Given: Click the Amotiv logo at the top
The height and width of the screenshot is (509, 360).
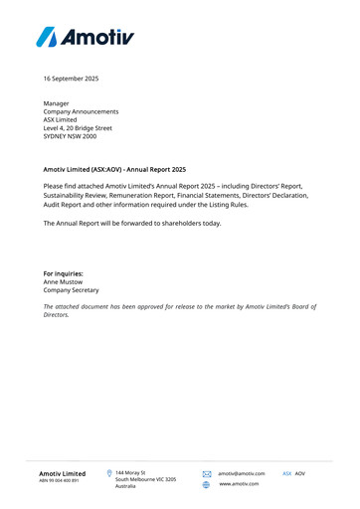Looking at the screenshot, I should click(x=85, y=37).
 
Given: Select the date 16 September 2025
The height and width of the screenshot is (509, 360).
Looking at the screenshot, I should click(x=71, y=78).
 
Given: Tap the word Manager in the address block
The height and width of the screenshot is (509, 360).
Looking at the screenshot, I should click(x=57, y=103).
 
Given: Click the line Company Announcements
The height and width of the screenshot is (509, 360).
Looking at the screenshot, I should click(x=81, y=111).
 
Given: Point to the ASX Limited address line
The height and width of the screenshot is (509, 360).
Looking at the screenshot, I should click(x=62, y=119).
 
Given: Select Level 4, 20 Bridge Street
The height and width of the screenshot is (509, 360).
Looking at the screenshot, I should click(x=78, y=128).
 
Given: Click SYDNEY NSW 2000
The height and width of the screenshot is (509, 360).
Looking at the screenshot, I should click(x=72, y=136).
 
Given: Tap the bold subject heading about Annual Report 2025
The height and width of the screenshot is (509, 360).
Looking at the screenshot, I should click(x=114, y=170).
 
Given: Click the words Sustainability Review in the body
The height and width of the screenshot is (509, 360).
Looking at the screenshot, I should click(x=79, y=195).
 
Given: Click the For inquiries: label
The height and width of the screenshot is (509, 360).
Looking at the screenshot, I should click(x=64, y=272).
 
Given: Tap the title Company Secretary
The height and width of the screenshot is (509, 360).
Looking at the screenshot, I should click(x=71, y=289).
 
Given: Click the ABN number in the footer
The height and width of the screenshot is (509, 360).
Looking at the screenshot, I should click(x=59, y=481).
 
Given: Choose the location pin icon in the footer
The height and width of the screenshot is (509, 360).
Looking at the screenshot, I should click(x=108, y=473).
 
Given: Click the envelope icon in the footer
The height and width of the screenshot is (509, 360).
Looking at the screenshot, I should click(x=207, y=474).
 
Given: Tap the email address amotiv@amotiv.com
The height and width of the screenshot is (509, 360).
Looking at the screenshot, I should click(x=242, y=474).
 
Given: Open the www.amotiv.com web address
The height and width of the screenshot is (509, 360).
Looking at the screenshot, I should click(x=239, y=484).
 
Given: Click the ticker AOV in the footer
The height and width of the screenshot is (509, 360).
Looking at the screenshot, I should click(x=300, y=473).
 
